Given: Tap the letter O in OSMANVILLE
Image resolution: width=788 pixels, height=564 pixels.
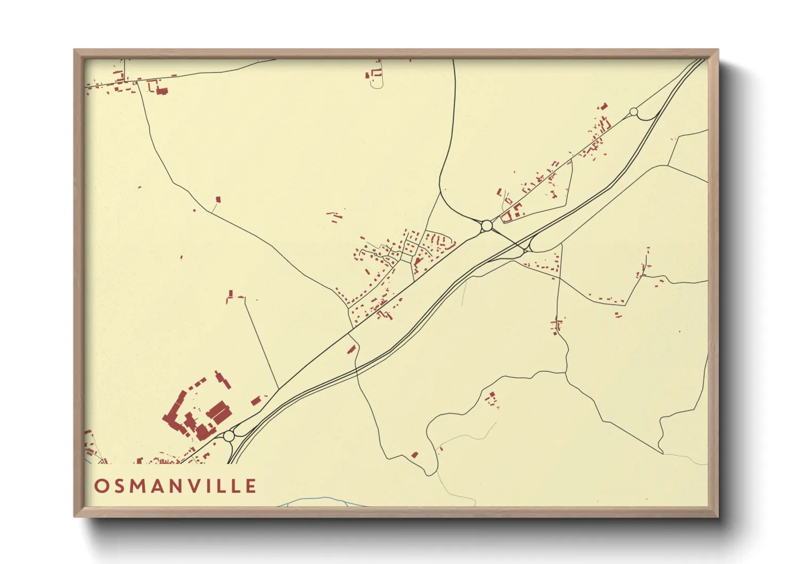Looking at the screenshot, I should click(x=101, y=486).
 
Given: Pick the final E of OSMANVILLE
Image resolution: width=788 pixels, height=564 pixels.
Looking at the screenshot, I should click(x=250, y=486).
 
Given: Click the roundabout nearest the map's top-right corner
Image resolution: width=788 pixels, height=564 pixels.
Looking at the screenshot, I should click(x=633, y=112).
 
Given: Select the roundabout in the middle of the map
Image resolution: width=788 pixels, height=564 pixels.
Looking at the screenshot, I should click(x=486, y=226).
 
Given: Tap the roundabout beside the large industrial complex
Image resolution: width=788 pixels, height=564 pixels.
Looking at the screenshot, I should click(x=229, y=436).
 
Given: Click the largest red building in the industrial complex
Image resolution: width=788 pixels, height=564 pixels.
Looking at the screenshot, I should click(x=219, y=413).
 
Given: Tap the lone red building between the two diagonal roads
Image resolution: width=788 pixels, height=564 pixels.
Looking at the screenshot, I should click(x=351, y=349).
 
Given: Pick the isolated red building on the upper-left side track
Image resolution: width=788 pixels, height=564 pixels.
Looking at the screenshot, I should click(x=218, y=199).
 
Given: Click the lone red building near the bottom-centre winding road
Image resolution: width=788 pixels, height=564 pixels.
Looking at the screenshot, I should click(x=415, y=455).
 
